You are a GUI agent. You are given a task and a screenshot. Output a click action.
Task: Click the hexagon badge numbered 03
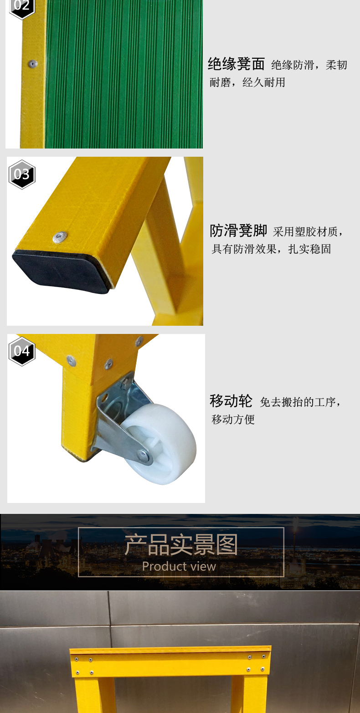coord(21,174)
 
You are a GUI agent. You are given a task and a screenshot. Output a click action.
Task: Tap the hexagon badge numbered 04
coord(21,351)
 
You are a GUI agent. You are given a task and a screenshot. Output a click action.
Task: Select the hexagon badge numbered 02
coord(21,7)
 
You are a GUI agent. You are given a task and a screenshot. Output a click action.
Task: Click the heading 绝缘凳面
coord(236,64)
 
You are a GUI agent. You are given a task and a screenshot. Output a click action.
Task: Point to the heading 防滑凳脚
coord(238,231)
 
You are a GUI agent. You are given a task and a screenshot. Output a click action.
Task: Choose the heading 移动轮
coord(231,401)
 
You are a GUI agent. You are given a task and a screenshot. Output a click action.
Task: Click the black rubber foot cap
coord(62,271)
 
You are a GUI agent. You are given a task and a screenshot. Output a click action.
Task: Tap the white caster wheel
coord(159,444)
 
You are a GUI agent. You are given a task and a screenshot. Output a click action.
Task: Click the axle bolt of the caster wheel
coord(143,456)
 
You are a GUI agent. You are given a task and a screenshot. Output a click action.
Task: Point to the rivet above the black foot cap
coord(60,237)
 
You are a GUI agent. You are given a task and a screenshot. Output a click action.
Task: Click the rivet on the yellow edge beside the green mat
coord(32,64)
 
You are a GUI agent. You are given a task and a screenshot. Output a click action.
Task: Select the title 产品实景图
coord(181,545)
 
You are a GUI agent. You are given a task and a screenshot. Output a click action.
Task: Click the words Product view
coord(179,566)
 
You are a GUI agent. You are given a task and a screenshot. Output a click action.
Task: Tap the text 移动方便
coord(233,419)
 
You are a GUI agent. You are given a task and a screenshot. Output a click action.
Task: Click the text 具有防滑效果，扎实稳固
coord(271,249)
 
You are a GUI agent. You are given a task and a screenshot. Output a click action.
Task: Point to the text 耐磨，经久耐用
coord(247,82)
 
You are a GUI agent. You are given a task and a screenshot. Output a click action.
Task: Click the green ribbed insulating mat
coord(124,74)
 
